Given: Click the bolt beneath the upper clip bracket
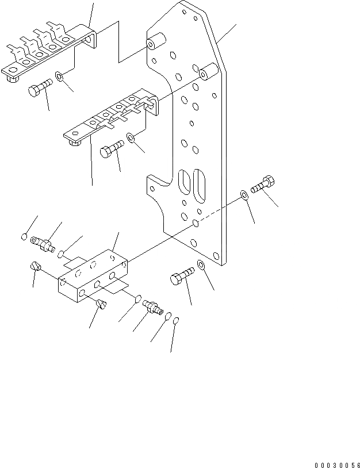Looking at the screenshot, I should coord(39,89).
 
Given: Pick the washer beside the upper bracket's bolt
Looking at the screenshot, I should coord(60,75).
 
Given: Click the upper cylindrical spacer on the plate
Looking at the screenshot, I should coord(155,44).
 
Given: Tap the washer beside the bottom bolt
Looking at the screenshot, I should coord(202,265).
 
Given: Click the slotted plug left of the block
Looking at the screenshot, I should coord(35,266).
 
